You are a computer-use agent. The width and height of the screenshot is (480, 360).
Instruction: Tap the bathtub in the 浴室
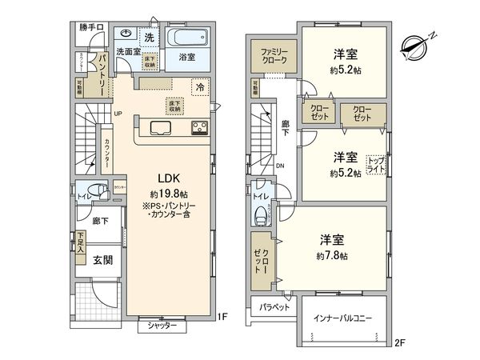(x=188, y=38)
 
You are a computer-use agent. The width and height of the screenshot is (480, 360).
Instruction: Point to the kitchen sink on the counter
(x=157, y=129)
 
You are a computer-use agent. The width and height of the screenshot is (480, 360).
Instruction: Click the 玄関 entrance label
(x=101, y=259)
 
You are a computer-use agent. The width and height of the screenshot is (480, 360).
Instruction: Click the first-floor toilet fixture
(x=95, y=191)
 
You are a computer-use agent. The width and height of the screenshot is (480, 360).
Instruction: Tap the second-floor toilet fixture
(x=260, y=214)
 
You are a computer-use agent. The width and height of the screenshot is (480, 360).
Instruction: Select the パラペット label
(x=274, y=307)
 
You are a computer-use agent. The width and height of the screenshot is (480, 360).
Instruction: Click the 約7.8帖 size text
(x=332, y=256)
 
